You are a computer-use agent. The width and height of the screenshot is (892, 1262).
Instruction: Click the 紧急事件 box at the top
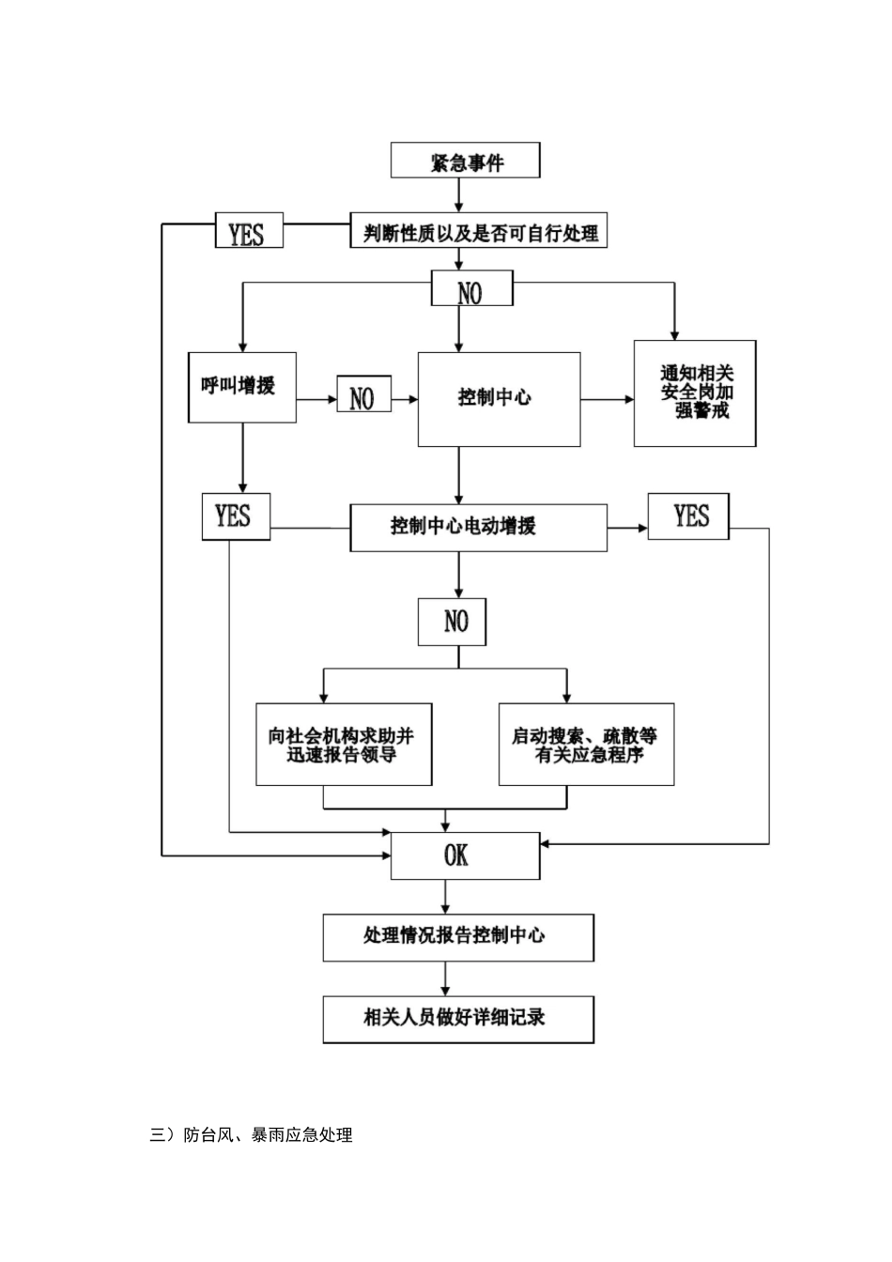[466, 161]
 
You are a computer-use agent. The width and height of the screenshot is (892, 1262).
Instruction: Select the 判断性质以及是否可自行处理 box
[480, 230]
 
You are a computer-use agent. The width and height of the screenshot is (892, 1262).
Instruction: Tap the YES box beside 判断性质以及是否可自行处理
[246, 231]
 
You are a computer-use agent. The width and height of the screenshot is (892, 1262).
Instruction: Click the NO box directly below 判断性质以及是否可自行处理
[471, 289]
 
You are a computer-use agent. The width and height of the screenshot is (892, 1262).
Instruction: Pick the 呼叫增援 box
[242, 387]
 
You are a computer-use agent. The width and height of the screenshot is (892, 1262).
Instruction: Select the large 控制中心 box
[499, 399]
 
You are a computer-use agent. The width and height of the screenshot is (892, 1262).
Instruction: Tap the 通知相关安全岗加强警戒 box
[695, 393]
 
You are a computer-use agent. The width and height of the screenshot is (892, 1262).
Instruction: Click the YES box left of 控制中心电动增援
[236, 516]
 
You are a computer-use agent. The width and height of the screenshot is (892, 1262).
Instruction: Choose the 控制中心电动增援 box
[478, 528]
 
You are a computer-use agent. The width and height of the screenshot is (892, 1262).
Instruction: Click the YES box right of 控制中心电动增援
[688, 516]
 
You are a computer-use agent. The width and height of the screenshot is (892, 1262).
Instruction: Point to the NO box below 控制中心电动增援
[452, 622]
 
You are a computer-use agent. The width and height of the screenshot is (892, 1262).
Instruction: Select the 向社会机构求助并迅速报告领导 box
[344, 745]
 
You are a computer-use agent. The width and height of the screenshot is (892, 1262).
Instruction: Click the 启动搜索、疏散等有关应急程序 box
[586, 745]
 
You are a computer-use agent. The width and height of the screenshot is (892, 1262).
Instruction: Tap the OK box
[465, 855]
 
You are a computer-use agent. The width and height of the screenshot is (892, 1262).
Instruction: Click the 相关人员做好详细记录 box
[458, 1019]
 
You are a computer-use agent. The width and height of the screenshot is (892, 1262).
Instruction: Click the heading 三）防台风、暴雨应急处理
[252, 1135]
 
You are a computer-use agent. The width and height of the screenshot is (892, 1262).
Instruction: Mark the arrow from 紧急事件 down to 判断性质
[459, 194]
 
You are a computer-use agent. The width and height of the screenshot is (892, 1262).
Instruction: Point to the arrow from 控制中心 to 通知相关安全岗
[607, 400]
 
